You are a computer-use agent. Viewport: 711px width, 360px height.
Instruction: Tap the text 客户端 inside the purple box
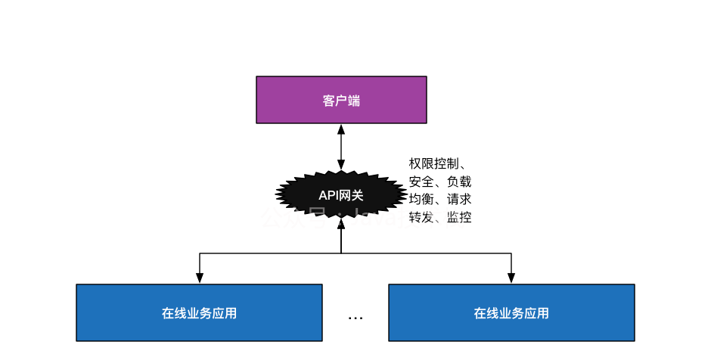pyautogui.click(x=341, y=101)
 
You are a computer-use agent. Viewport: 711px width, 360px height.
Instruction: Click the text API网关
pyautogui.click(x=341, y=195)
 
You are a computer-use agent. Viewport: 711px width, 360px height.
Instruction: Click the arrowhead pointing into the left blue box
pyautogui.click(x=200, y=279)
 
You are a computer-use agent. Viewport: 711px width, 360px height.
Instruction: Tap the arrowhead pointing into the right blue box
pyautogui.click(x=511, y=279)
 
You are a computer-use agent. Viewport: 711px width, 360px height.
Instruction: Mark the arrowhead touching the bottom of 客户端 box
pyautogui.click(x=341, y=129)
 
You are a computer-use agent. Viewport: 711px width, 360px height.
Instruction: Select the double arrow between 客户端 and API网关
pyautogui.click(x=341, y=147)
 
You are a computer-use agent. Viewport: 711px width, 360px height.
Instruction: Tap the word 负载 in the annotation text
pyautogui.click(x=459, y=182)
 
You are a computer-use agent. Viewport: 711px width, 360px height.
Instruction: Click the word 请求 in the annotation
pyautogui.click(x=459, y=200)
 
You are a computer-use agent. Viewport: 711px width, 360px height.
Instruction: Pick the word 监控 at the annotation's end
pyautogui.click(x=459, y=218)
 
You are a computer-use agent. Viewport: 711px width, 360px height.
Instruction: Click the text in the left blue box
pyautogui.click(x=199, y=313)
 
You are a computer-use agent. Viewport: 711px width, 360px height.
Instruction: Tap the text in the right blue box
pyautogui.click(x=511, y=313)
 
